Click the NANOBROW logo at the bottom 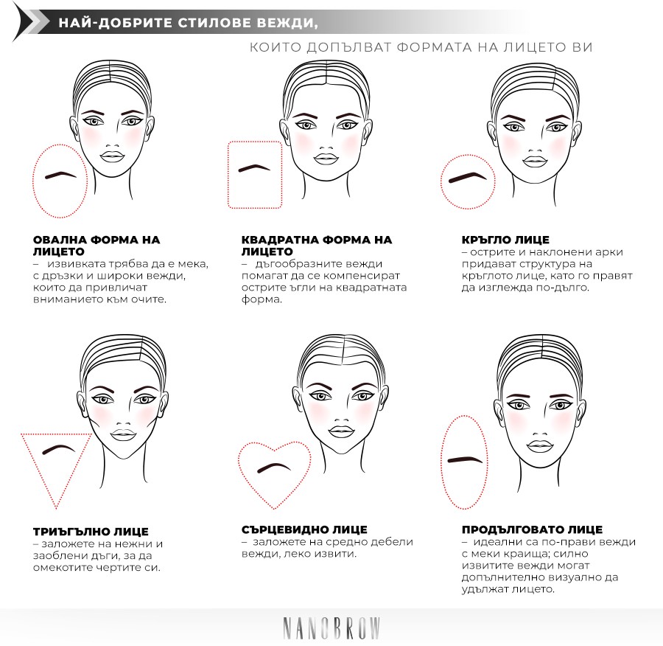[331, 628]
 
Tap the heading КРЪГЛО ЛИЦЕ [505, 240]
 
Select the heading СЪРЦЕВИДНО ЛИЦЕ [304, 529]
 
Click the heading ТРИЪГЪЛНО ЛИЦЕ [91, 532]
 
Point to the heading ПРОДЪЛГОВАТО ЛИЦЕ [532, 529]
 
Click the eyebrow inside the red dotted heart [274, 467]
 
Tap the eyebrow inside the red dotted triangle [60, 449]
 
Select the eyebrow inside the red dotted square [254, 168]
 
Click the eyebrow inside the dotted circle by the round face [468, 177]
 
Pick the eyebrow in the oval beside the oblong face [465, 459]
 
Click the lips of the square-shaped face [326, 159]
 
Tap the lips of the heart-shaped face [341, 431]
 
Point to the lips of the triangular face [123, 435]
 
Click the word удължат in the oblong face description [485, 589]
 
